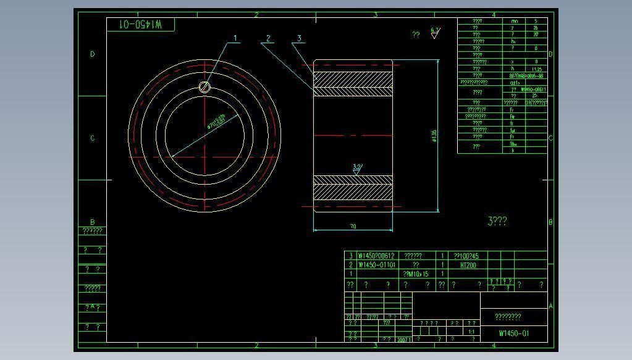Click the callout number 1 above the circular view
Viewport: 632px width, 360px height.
pos(235,38)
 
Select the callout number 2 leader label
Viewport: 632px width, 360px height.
pos(268,38)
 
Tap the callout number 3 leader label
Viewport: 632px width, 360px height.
pos(299,38)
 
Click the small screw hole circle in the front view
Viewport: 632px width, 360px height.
pos(205,87)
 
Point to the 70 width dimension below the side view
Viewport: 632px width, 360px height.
pos(353,227)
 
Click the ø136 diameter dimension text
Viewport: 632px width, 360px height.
pos(434,136)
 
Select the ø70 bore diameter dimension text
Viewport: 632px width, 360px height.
pos(216,121)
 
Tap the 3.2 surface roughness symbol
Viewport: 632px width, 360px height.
pos(357,169)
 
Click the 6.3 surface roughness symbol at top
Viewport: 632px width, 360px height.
pos(435,32)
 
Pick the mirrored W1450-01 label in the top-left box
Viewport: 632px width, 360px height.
pos(141,24)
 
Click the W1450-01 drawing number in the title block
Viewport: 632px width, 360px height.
pos(514,333)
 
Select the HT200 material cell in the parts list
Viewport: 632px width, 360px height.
pos(468,265)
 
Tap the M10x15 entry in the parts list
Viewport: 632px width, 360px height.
pos(416,274)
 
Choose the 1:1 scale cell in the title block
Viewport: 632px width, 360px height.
pos(471,332)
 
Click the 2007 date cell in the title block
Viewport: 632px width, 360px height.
pos(404,339)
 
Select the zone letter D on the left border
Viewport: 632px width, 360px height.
pos(93,54)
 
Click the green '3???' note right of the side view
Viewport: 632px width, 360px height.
pos(497,221)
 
